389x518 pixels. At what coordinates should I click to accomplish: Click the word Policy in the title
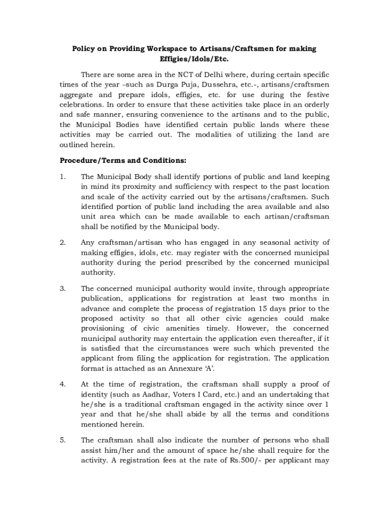[x=83, y=49]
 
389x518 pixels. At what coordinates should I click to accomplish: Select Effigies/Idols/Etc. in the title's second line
[x=194, y=59]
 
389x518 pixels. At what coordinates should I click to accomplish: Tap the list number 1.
[x=62, y=177]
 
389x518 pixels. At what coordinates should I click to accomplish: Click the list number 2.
[x=62, y=242]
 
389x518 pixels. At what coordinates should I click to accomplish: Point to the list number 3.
[x=62, y=288]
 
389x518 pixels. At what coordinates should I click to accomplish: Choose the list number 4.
[x=62, y=384]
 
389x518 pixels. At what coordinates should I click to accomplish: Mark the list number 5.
[x=62, y=440]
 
